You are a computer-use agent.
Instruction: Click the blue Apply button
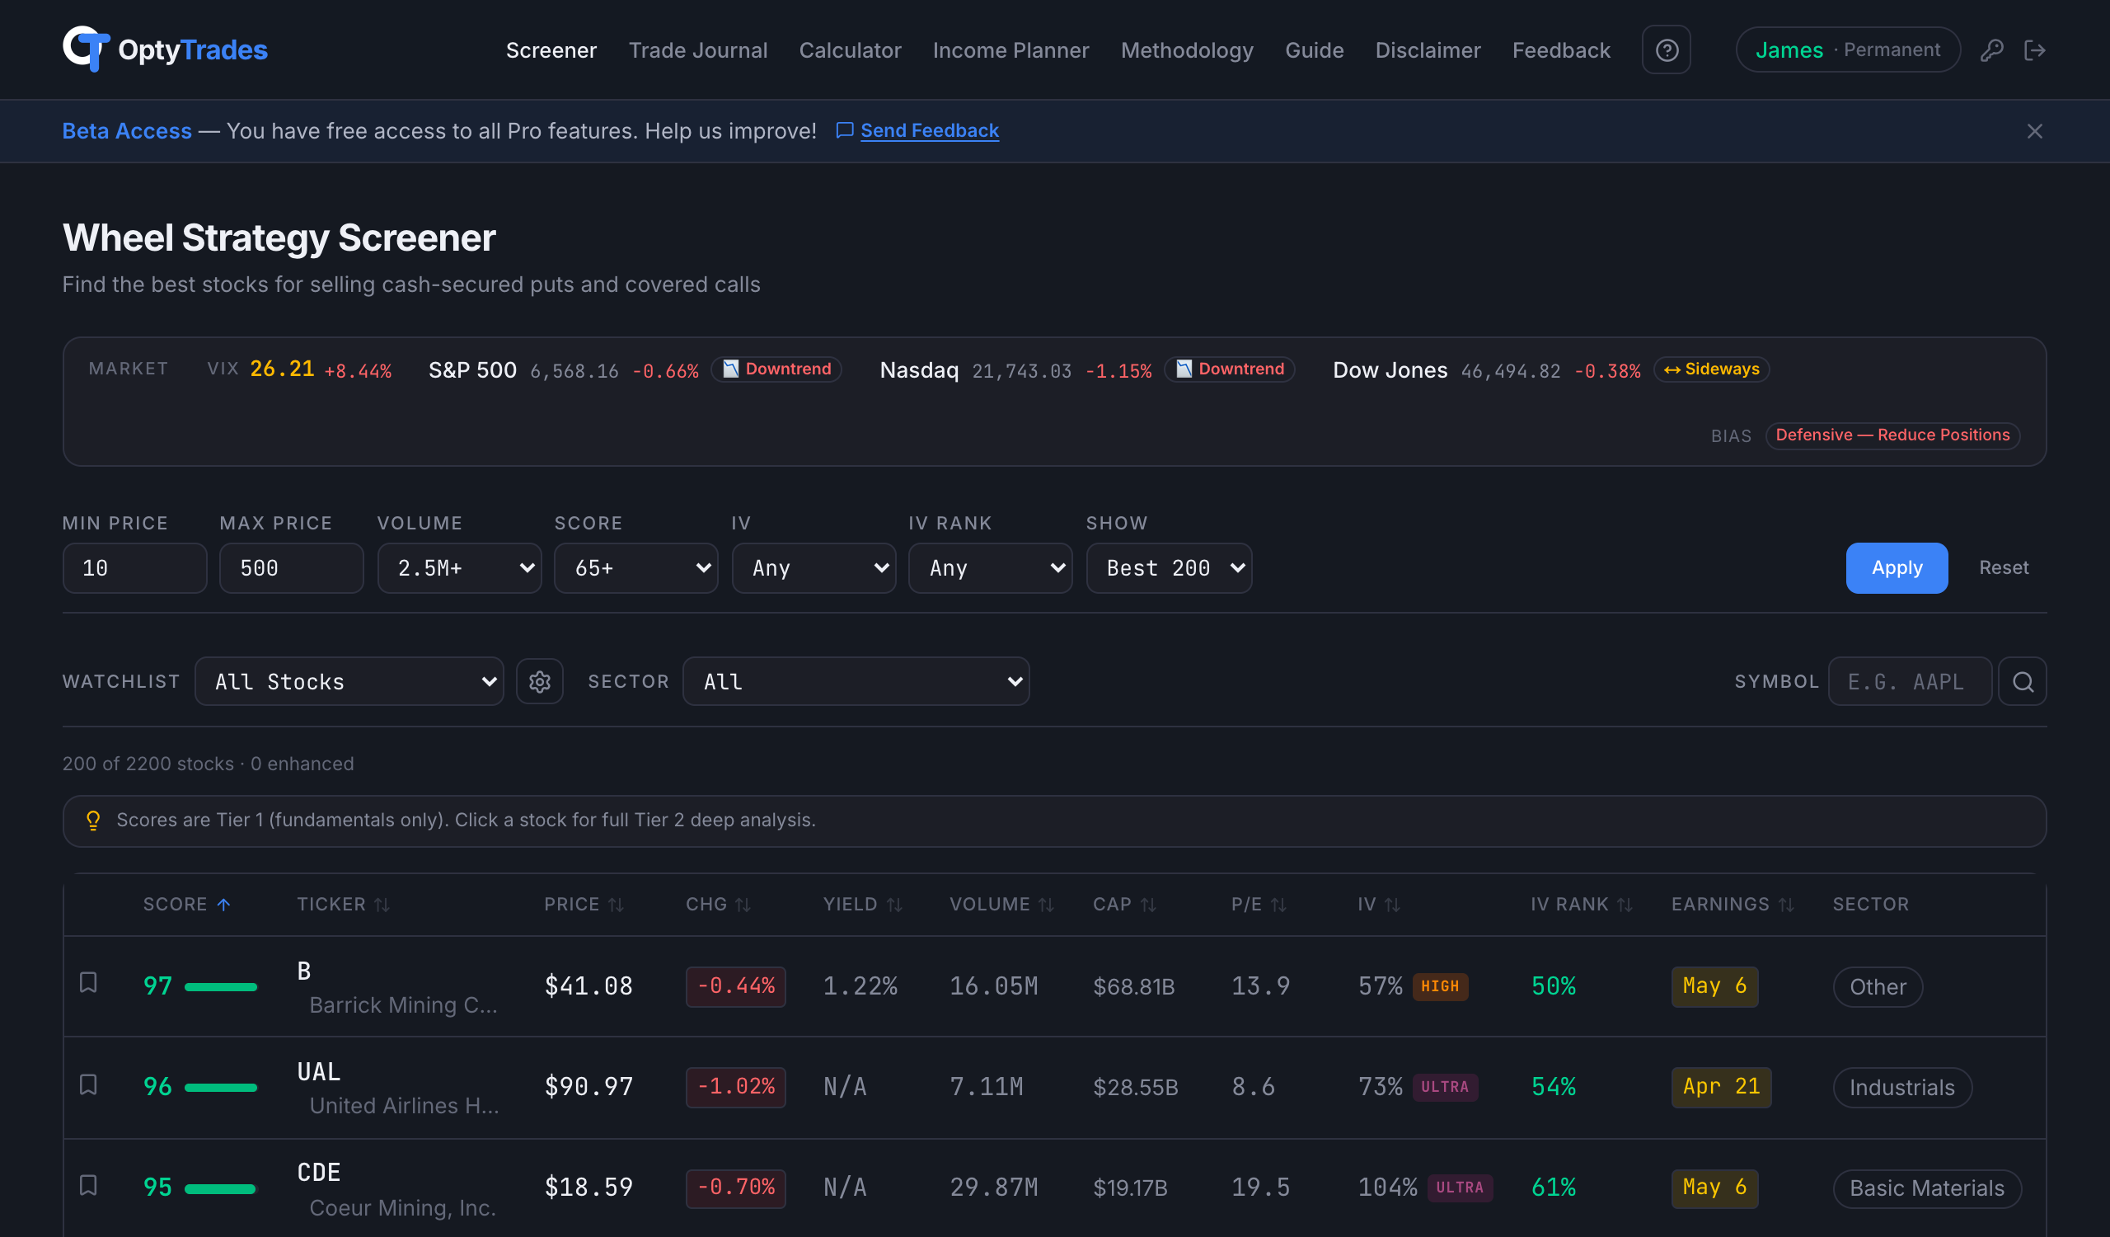pyautogui.click(x=1896, y=568)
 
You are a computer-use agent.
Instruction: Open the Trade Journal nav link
pyautogui.click(x=697, y=50)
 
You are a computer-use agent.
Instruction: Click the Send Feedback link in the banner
pyautogui.click(x=929, y=130)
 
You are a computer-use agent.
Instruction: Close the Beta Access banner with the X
pyautogui.click(x=2034, y=131)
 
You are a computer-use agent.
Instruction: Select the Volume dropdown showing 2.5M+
pyautogui.click(x=459, y=568)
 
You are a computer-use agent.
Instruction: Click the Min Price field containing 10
pyautogui.click(x=134, y=568)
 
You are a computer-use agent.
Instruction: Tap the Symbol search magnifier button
pyautogui.click(x=2022, y=682)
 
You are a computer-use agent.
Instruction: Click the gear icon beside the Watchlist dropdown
pyautogui.click(x=539, y=682)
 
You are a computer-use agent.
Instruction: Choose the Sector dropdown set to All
pyautogui.click(x=855, y=682)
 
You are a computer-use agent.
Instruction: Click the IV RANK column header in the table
pyautogui.click(x=1569, y=905)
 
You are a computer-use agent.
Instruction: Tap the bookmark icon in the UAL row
pyautogui.click(x=88, y=1085)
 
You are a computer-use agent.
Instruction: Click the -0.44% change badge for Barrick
pyautogui.click(x=735, y=986)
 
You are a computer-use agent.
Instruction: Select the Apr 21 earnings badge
pyautogui.click(x=1721, y=1087)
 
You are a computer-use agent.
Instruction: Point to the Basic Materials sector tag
pyautogui.click(x=1926, y=1188)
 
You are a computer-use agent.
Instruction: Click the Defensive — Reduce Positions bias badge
pyautogui.click(x=1892, y=435)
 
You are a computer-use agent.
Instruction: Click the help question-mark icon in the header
pyautogui.click(x=1666, y=50)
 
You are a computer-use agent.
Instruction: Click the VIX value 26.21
pyautogui.click(x=281, y=369)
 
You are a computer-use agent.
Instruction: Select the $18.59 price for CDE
pyautogui.click(x=588, y=1188)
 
